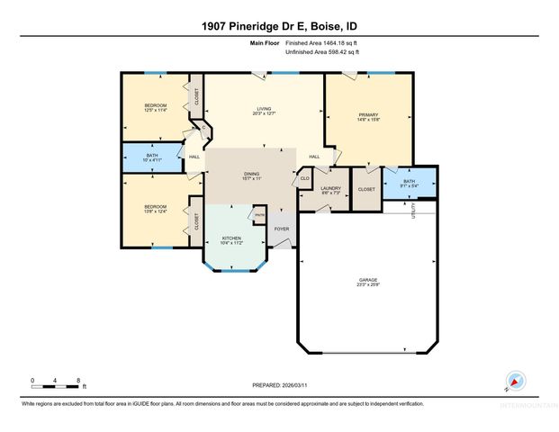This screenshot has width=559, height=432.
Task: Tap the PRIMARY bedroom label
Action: pos(367,116)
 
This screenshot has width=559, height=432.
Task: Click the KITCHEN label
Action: pos(232,238)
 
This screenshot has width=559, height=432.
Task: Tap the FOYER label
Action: pos(282,229)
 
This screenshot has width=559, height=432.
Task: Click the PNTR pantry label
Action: pos(259,214)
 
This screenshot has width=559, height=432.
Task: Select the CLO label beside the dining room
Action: pos(305,179)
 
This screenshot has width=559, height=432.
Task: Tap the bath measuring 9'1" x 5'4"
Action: pos(409,183)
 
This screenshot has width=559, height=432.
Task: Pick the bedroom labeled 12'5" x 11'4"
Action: pos(156,107)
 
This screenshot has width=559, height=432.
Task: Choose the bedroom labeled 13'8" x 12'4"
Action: pos(156,209)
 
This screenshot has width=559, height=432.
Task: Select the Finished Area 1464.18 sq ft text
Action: pos(321,43)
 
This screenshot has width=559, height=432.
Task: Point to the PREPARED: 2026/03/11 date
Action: pos(279,385)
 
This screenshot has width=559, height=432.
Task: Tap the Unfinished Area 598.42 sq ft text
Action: pos(321,52)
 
